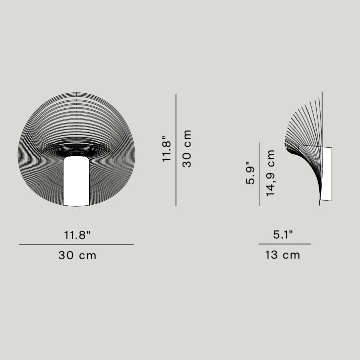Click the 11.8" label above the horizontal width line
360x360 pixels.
pyautogui.click(x=77, y=235)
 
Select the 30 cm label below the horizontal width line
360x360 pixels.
pyautogui.click(x=77, y=255)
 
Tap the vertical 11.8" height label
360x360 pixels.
pyautogui.click(x=167, y=149)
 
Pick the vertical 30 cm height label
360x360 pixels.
pyautogui.click(x=187, y=149)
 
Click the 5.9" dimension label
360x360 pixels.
pyautogui.click(x=250, y=173)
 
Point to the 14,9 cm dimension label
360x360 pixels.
pyautogui.click(x=270, y=173)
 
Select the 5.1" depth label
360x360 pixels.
pyautogui.click(x=283, y=234)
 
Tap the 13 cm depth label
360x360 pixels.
pyautogui.click(x=283, y=255)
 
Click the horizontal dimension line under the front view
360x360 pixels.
pyautogui.click(x=77, y=244)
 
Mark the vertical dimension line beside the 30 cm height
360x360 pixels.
pyautogui.click(x=176, y=150)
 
